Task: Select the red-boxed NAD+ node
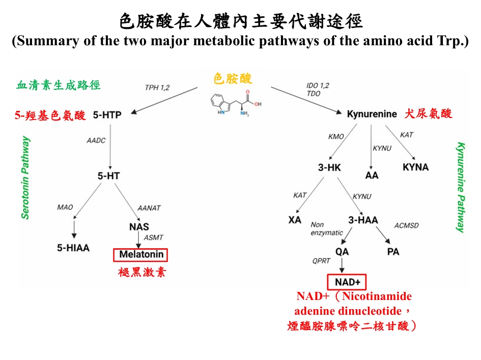(347, 282)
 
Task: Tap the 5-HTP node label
(107, 115)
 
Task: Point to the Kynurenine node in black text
(372, 114)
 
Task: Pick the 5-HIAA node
(73, 248)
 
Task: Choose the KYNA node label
(415, 167)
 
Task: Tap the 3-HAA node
(362, 220)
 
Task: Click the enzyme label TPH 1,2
(157, 88)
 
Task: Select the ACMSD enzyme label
(407, 225)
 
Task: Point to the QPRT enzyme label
(321, 261)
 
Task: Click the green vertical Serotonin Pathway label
(26, 178)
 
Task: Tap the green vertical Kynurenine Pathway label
(461, 187)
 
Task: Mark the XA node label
(295, 220)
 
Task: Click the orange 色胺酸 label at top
(233, 79)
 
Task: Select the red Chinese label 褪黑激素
(142, 273)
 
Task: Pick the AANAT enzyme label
(149, 208)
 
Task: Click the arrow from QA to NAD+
(342, 265)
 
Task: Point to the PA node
(393, 252)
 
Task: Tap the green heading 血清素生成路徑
(59, 85)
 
